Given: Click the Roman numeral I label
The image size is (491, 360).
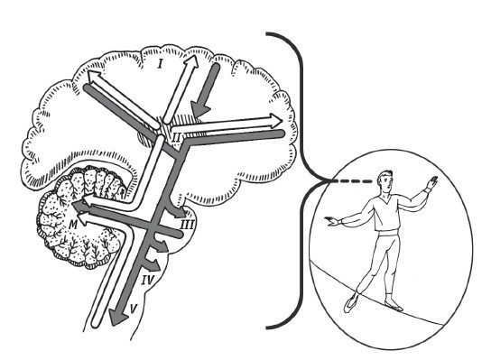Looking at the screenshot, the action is click(x=161, y=64).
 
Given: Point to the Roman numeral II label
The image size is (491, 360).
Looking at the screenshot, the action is click(x=176, y=137).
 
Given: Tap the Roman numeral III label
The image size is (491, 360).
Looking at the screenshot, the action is click(x=187, y=225).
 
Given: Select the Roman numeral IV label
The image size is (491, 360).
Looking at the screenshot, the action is click(x=146, y=280).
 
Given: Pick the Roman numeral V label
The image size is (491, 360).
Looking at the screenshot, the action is click(x=133, y=309).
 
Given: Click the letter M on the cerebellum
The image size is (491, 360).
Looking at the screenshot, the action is click(x=72, y=224).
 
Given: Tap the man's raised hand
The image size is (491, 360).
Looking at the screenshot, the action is click(x=432, y=182).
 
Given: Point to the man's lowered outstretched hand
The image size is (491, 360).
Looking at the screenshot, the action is click(x=332, y=221).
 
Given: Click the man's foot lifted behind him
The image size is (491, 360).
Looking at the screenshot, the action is click(x=351, y=302).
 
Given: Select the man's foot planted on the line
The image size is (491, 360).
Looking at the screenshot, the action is click(x=394, y=306).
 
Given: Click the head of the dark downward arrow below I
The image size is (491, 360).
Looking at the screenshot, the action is click(x=199, y=110).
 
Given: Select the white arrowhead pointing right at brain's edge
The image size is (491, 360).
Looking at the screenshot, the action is click(x=276, y=121).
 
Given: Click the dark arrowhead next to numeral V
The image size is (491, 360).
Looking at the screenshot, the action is click(x=118, y=318).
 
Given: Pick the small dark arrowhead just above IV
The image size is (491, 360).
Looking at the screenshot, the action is click(x=162, y=246).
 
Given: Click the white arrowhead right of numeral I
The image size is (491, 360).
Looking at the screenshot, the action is click(x=191, y=61).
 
